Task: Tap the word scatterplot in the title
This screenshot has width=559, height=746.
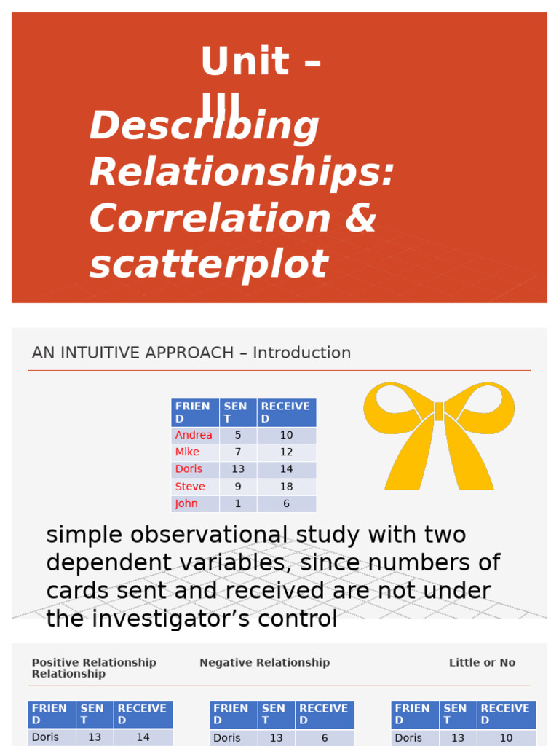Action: [209, 264]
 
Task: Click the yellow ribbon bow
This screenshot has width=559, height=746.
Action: [439, 435]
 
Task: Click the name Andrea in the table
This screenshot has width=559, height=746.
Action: [194, 435]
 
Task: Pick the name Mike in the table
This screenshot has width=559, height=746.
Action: [187, 452]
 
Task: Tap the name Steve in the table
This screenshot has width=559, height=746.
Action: [190, 486]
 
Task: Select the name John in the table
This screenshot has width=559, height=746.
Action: [186, 503]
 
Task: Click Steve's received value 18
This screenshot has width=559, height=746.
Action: [286, 486]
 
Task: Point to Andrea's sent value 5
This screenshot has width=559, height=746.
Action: [237, 435]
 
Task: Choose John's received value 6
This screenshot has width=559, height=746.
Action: [286, 503]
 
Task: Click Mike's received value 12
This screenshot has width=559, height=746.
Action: [286, 452]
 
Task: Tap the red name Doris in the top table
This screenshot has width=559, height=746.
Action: [189, 468]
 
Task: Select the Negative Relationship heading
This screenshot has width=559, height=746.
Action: [264, 662]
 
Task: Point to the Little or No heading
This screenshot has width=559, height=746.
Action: [482, 662]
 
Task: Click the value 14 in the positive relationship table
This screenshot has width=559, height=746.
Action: [143, 737]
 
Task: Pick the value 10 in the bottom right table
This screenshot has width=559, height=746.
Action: [506, 737]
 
